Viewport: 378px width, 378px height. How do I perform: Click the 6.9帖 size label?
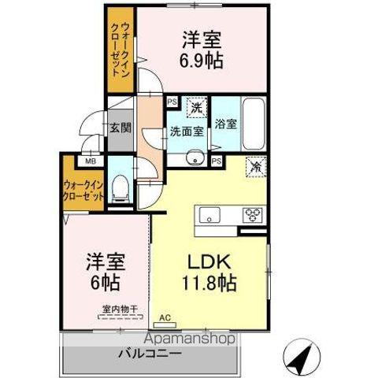pos(199,61)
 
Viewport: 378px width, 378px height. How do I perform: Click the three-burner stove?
pos(253,213)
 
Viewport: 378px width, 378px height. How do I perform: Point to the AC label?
pos(164,318)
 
